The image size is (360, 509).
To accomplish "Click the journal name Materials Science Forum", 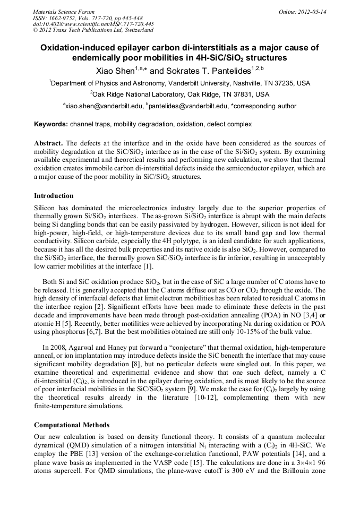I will click(64, 11).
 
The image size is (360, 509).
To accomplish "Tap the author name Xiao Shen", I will click(113, 70).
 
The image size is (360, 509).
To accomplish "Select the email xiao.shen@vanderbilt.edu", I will click(104, 106).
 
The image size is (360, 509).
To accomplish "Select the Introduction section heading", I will click(54, 196).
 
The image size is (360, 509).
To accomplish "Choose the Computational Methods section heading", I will click(72, 425).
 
